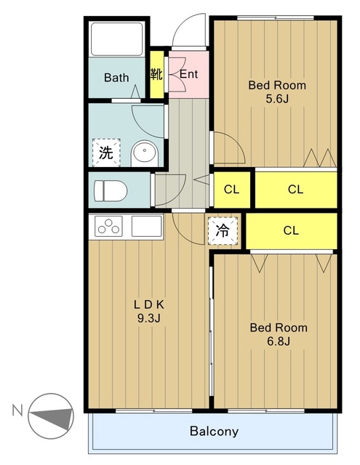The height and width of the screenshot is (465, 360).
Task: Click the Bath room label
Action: pyautogui.click(x=116, y=78)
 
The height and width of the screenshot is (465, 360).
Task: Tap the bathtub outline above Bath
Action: pyautogui.click(x=117, y=39)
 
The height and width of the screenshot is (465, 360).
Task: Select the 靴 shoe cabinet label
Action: pyautogui.click(x=156, y=74)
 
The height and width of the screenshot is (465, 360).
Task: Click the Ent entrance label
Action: pyautogui.click(x=189, y=74)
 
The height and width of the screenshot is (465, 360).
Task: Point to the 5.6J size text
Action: pyautogui.click(x=277, y=99)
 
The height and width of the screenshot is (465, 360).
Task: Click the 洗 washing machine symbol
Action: pyautogui.click(x=106, y=153)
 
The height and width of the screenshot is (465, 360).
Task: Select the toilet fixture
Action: pyautogui.click(x=111, y=190)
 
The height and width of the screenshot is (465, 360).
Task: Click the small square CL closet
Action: pyautogui.click(x=232, y=190)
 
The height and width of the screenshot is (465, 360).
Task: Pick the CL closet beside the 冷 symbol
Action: pyautogui.click(x=292, y=231)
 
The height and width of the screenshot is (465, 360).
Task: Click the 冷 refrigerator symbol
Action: pyautogui.click(x=223, y=231)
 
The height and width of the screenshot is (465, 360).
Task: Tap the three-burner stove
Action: pyautogui.click(x=108, y=226)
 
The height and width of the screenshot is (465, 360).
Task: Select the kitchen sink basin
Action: pyautogui.click(x=147, y=226)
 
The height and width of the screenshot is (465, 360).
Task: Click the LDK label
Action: pyautogui.click(x=148, y=304)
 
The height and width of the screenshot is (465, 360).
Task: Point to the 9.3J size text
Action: pyautogui.click(x=148, y=318)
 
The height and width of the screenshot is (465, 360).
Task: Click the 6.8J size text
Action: pyautogui.click(x=278, y=341)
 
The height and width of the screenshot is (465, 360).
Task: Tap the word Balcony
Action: pyautogui.click(x=214, y=431)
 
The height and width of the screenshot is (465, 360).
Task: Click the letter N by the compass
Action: pyautogui.click(x=17, y=411)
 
